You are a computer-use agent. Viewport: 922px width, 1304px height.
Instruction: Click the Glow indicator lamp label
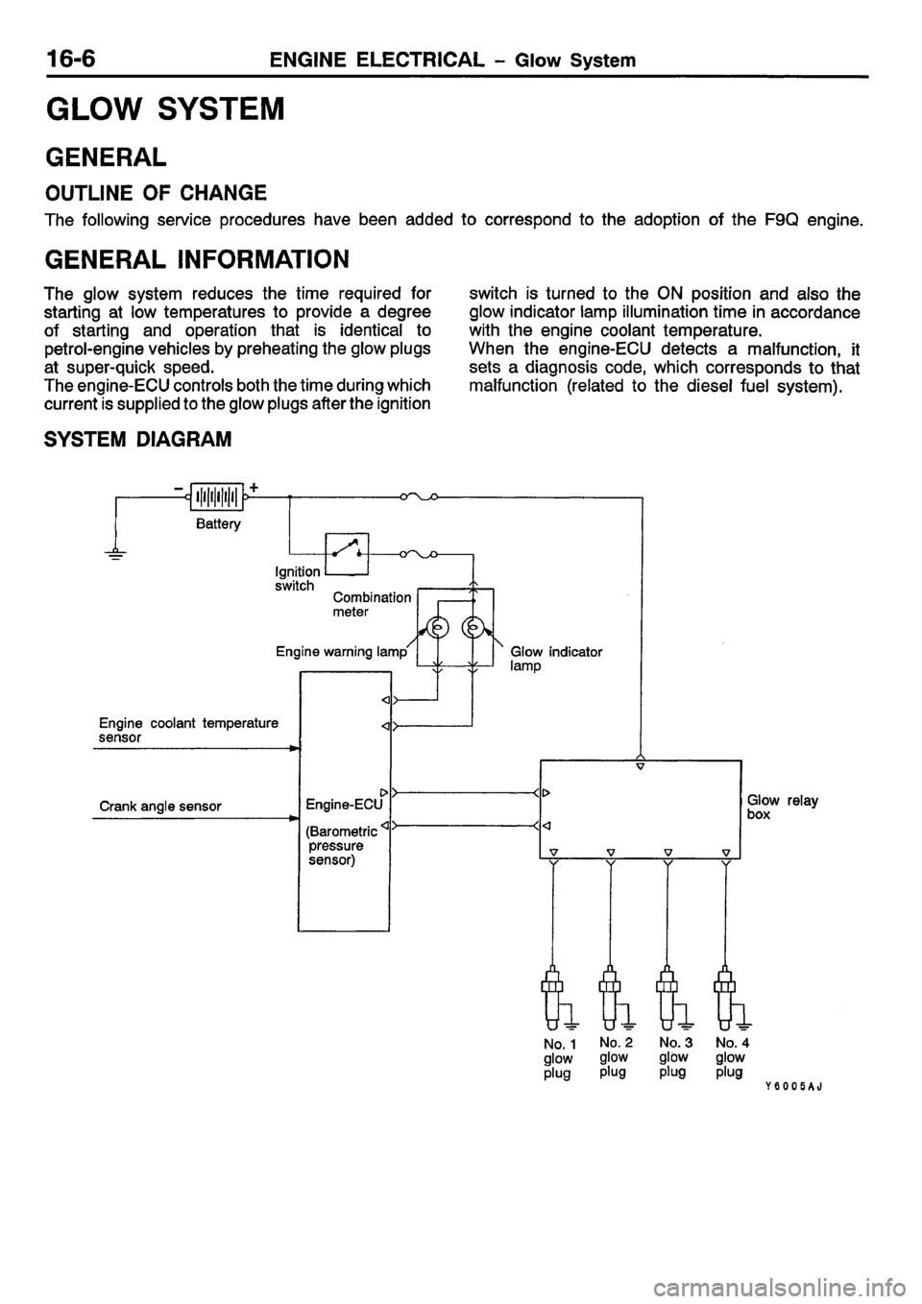coord(556,658)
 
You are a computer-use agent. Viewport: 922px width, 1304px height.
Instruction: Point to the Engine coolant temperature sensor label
coord(188,730)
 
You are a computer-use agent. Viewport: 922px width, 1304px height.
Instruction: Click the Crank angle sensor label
coord(161,806)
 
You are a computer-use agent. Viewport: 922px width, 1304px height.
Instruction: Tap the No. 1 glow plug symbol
coord(554,993)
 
